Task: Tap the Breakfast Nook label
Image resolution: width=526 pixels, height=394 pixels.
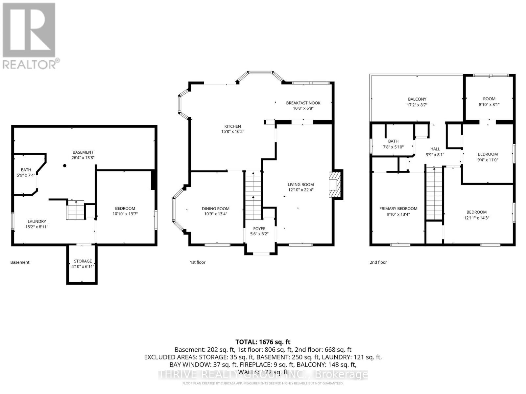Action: (x=303, y=103)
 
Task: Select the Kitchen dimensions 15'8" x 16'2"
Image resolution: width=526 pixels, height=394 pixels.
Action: (x=232, y=131)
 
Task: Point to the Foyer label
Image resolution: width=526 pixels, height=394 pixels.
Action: (x=259, y=229)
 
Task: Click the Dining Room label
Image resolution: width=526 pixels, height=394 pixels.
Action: (x=215, y=208)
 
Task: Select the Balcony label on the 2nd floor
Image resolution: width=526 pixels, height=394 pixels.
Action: (x=417, y=99)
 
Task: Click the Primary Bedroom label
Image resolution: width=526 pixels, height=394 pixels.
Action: (x=398, y=208)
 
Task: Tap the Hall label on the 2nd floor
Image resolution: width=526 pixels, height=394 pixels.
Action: (x=435, y=149)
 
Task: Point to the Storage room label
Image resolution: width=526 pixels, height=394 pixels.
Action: (x=83, y=261)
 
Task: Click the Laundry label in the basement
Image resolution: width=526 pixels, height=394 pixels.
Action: (x=37, y=221)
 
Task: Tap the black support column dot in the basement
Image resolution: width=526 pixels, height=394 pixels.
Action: (x=65, y=166)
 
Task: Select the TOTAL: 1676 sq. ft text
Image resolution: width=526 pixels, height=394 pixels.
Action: (x=263, y=342)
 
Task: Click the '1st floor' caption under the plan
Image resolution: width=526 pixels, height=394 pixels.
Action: (x=198, y=262)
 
